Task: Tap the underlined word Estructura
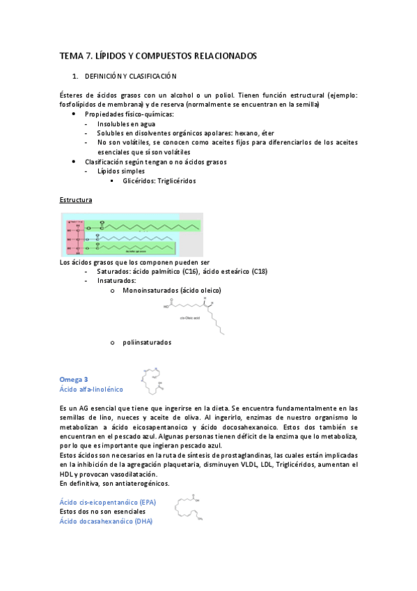click(x=76, y=200)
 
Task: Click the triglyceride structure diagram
click(x=132, y=235)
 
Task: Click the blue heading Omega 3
click(x=74, y=379)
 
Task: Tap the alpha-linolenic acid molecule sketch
click(x=154, y=379)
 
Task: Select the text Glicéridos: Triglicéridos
click(x=159, y=181)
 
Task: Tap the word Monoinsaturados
click(x=150, y=290)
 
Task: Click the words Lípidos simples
click(x=121, y=171)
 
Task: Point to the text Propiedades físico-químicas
click(x=129, y=114)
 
